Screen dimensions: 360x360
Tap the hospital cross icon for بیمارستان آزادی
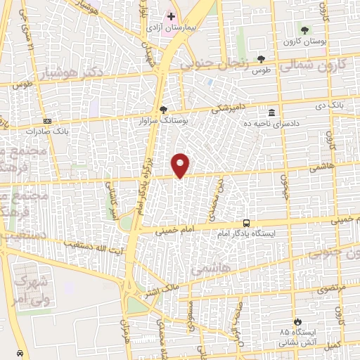click(x=171, y=15)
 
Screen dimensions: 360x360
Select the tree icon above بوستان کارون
click(x=304, y=30)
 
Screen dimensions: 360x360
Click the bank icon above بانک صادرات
click(x=47, y=121)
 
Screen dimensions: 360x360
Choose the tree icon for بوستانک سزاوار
click(x=163, y=109)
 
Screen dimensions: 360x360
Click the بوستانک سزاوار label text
click(x=163, y=120)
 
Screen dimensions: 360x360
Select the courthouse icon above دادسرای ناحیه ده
click(x=271, y=112)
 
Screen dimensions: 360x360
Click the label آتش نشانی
click(x=295, y=342)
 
